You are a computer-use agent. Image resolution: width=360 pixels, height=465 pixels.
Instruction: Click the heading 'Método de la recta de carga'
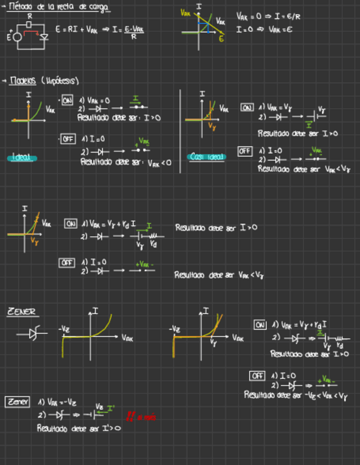(59, 7)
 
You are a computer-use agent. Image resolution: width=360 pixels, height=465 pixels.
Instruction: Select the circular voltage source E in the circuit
(17, 37)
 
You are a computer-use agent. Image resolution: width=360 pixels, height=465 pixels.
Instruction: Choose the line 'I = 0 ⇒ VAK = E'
(264, 30)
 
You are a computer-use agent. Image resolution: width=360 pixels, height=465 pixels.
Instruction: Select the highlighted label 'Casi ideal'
(206, 157)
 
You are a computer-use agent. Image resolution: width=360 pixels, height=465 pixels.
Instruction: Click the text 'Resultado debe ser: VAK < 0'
(126, 162)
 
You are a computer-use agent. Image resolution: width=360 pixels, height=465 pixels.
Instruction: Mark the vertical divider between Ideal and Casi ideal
(180, 132)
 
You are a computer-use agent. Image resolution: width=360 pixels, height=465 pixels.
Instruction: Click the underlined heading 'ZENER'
(21, 312)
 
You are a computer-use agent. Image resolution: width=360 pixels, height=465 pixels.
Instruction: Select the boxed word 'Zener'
(17, 402)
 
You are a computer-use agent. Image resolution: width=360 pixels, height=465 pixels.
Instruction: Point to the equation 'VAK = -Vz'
(57, 402)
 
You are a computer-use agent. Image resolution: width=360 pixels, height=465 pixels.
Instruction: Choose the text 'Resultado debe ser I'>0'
(78, 428)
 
